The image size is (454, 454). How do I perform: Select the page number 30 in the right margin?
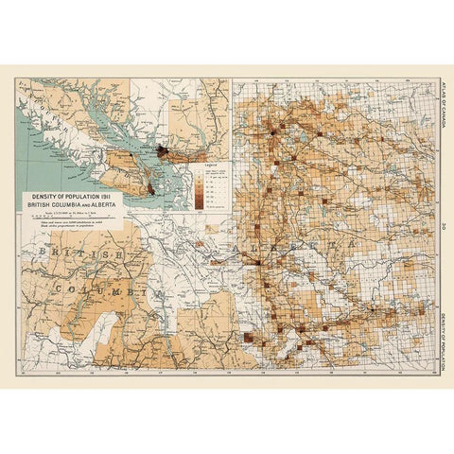pyautogui.click(x=441, y=225)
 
